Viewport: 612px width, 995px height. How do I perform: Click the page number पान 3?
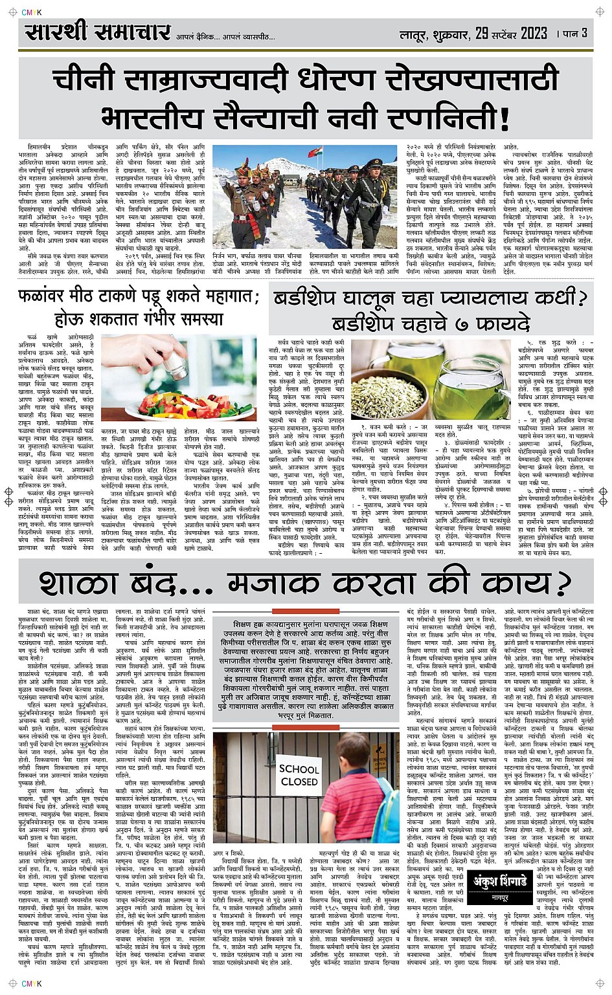575,32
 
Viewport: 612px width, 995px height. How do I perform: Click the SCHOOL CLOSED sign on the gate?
299,775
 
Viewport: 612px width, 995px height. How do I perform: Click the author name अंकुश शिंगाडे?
500,881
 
